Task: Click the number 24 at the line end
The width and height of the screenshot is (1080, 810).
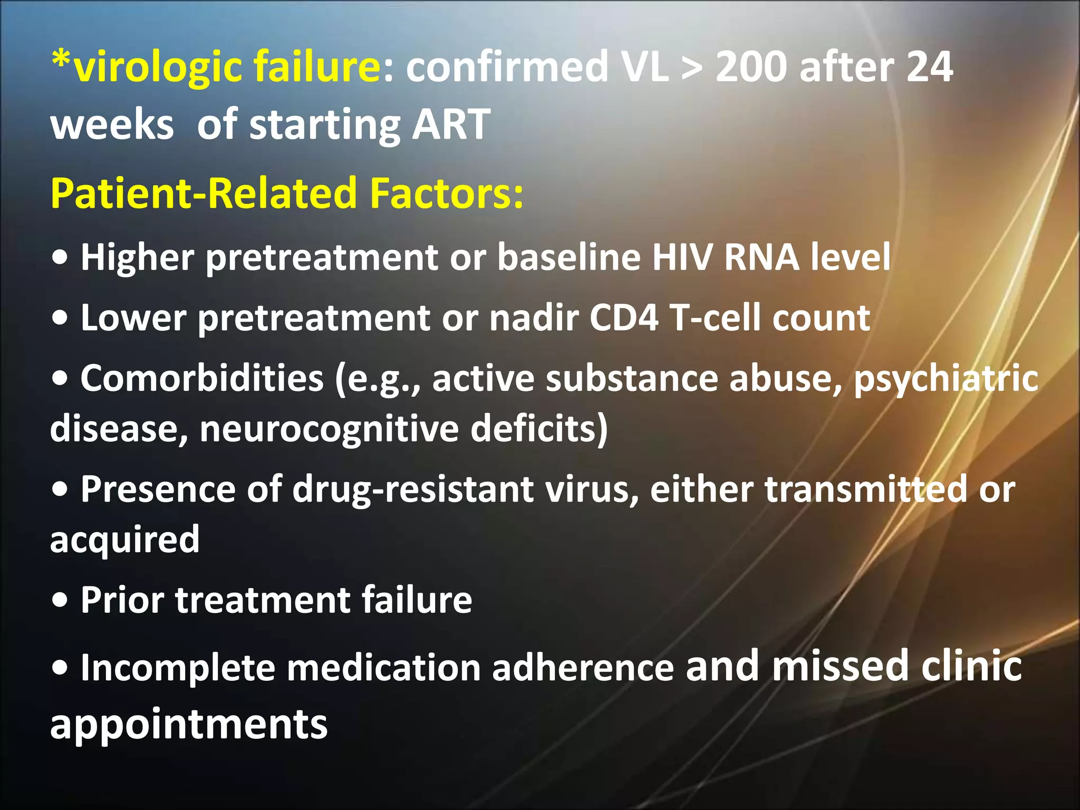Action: point(929,67)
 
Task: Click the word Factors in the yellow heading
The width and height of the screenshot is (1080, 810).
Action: point(446,193)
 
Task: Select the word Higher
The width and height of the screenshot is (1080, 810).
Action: point(138,258)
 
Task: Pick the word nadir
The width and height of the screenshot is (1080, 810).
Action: point(533,317)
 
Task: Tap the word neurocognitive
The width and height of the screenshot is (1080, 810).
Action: point(329,429)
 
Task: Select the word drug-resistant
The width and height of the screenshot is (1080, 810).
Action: point(412,489)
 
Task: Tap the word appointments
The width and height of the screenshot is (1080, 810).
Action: point(189,726)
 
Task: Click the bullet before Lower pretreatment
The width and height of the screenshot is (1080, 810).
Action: point(61,317)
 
